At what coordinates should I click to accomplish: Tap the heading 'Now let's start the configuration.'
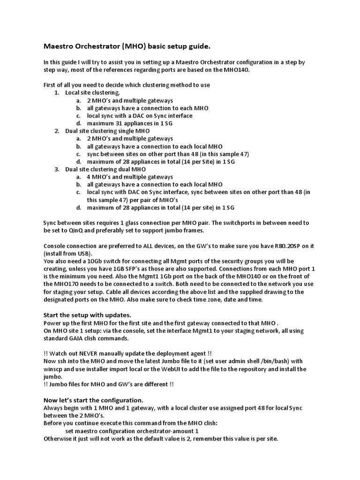click(x=93, y=400)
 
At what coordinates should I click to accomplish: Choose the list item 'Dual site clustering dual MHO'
click(x=105, y=169)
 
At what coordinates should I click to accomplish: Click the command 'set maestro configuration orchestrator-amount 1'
click(x=132, y=431)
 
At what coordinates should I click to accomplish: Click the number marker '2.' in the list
click(x=57, y=131)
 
